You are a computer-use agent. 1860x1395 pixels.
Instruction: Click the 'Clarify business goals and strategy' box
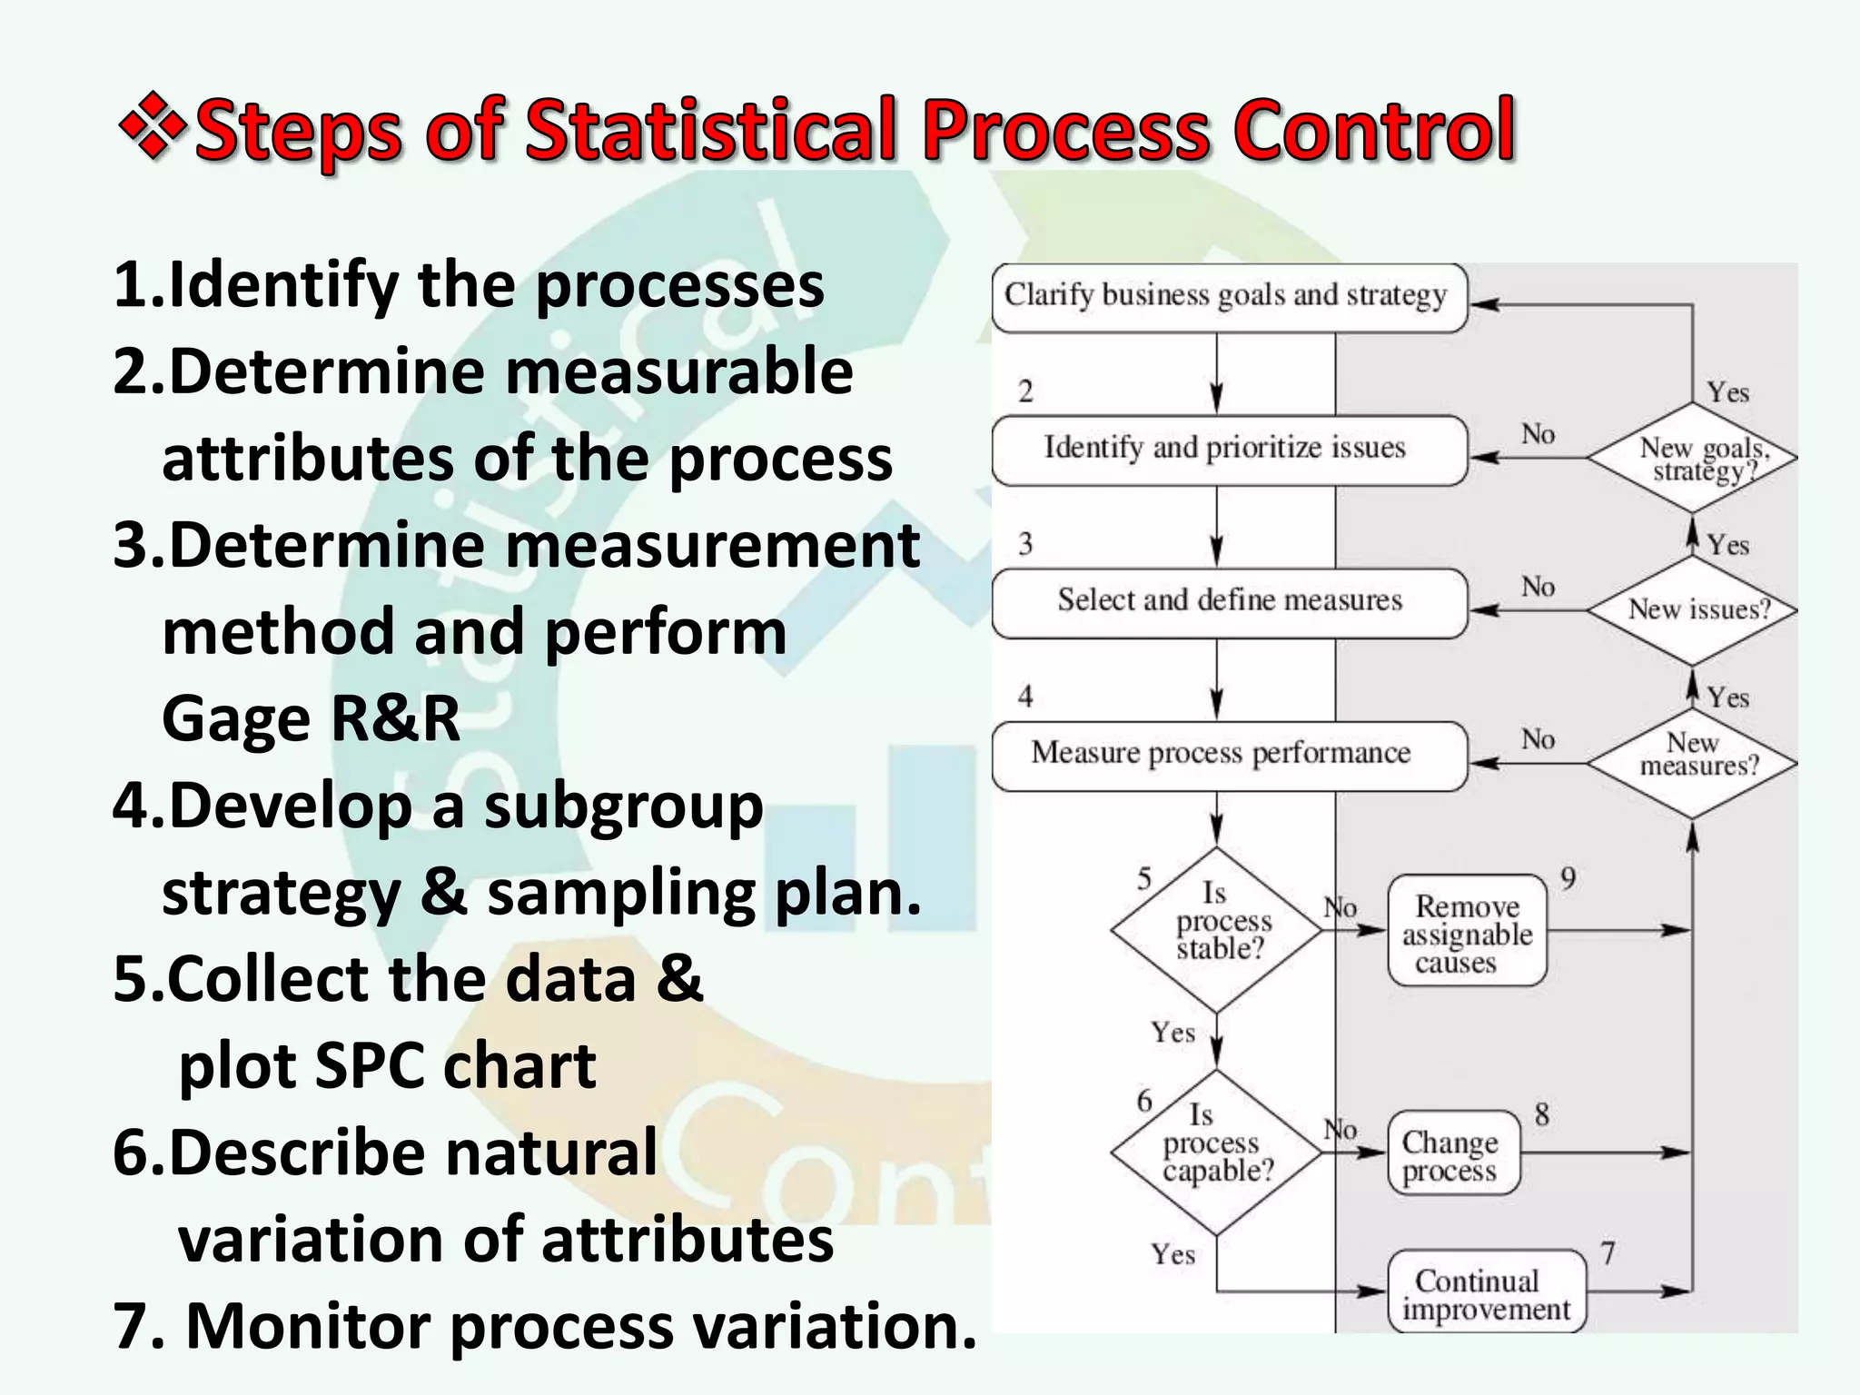click(x=1229, y=297)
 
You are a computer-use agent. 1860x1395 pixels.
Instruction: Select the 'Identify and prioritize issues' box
click(x=1229, y=450)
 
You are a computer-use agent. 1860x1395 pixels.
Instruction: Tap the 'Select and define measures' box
click(x=1229, y=602)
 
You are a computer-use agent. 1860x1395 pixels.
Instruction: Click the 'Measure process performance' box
click(x=1229, y=755)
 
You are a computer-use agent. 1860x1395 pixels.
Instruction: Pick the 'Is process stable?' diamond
click(x=1217, y=928)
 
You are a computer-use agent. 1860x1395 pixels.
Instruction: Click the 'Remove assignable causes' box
click(x=1467, y=932)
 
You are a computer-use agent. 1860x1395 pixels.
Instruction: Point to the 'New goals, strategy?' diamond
click(x=1693, y=459)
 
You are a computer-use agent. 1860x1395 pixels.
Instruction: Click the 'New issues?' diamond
click(x=1693, y=609)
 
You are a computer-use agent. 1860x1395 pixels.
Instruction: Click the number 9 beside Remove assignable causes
click(x=1568, y=878)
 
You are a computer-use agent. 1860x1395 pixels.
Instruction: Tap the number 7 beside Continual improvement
click(x=1608, y=1253)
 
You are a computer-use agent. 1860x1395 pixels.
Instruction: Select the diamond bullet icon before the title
click(x=152, y=126)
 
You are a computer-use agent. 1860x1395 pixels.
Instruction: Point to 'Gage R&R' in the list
click(x=311, y=718)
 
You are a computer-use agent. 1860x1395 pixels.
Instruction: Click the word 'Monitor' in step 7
click(x=309, y=1325)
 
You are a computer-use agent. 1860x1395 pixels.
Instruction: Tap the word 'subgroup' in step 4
click(x=623, y=806)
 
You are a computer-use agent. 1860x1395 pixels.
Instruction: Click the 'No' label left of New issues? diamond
click(x=1538, y=587)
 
